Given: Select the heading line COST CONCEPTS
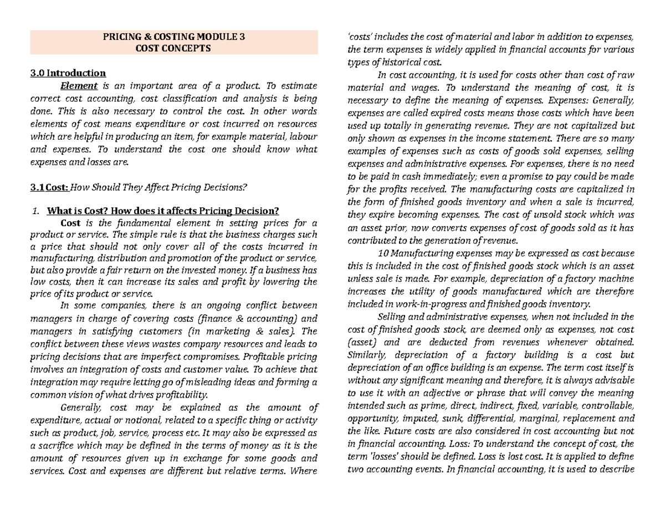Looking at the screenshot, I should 173,49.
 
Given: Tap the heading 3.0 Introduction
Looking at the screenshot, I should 68,73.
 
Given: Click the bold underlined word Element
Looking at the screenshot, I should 79,85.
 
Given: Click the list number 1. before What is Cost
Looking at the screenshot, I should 36,211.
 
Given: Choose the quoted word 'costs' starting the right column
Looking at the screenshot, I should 359,37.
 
